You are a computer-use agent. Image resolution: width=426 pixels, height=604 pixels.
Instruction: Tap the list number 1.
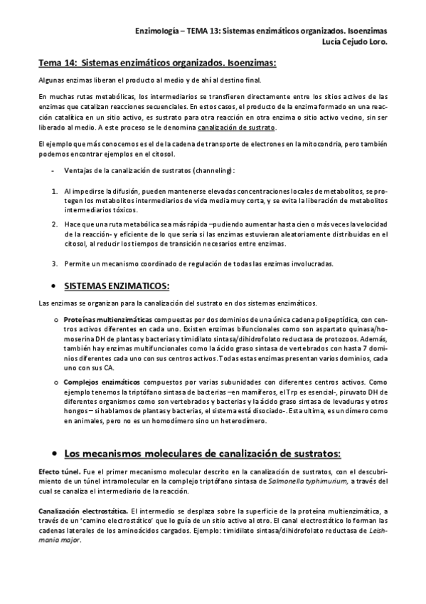coord(54,192)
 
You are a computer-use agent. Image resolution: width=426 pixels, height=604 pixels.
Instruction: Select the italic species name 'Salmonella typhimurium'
coord(303,482)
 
